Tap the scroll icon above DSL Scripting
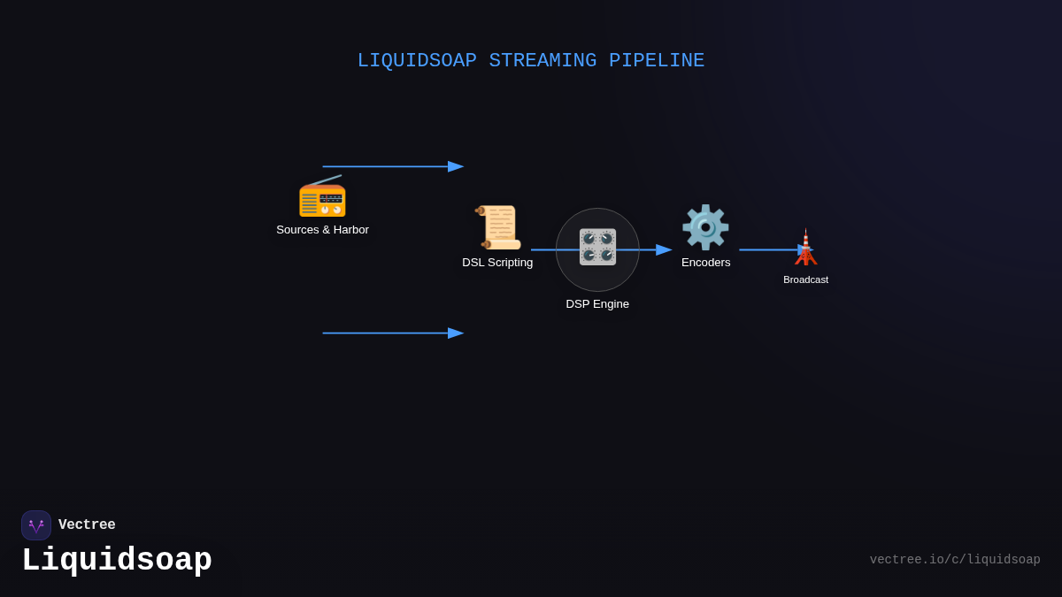pyautogui.click(x=497, y=227)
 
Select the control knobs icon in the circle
pyautogui.click(x=597, y=247)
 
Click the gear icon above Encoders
pyautogui.click(x=705, y=227)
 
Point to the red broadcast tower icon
pyautogui.click(x=805, y=248)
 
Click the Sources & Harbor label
pyautogui.click(x=322, y=230)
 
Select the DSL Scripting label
pyautogui.click(x=497, y=263)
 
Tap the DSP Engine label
pyautogui.click(x=597, y=304)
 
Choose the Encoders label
pyautogui.click(x=705, y=263)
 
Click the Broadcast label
pyautogui.click(x=805, y=279)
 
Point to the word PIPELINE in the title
pyautogui.click(x=657, y=61)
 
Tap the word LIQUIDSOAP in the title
pyautogui.click(x=417, y=61)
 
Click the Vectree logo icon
pyautogui.click(x=36, y=525)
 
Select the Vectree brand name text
pyautogui.click(x=87, y=525)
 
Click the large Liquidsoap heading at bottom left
pyautogui.click(x=117, y=561)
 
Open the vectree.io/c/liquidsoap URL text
pyautogui.click(x=954, y=560)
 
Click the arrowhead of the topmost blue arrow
pyautogui.click(x=456, y=166)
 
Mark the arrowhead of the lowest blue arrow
pyautogui.click(x=456, y=333)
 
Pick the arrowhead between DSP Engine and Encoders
pyautogui.click(x=664, y=249)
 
